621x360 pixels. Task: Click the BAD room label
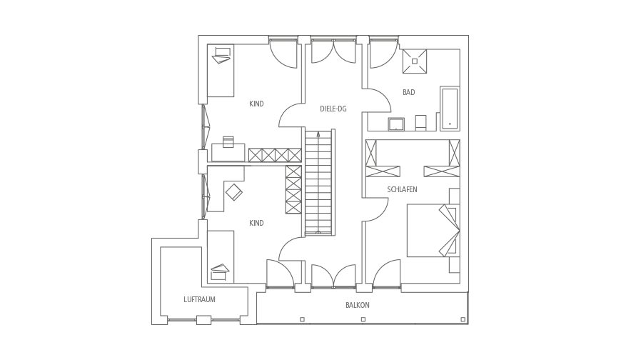[409, 92]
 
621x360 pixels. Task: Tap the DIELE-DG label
[333, 109]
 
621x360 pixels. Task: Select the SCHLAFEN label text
[402, 189]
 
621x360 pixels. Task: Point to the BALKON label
[357, 305]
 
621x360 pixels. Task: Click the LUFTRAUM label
[199, 299]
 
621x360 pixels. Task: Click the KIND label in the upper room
[256, 104]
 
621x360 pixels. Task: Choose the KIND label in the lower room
[256, 224]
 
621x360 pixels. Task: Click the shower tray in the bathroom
[415, 61]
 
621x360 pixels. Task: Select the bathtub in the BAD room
[450, 109]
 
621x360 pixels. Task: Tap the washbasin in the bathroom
[396, 124]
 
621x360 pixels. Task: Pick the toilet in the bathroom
[420, 123]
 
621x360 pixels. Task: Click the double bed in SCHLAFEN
[433, 230]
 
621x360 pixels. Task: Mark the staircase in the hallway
[320, 182]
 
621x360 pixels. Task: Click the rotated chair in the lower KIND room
[234, 192]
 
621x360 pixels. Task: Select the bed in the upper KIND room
[221, 70]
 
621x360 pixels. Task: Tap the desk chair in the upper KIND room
[228, 142]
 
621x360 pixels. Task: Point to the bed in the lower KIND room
[221, 257]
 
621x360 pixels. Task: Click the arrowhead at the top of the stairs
[318, 134]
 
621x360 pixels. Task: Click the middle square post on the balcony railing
[363, 319]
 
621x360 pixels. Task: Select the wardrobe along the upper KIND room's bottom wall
[275, 155]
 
